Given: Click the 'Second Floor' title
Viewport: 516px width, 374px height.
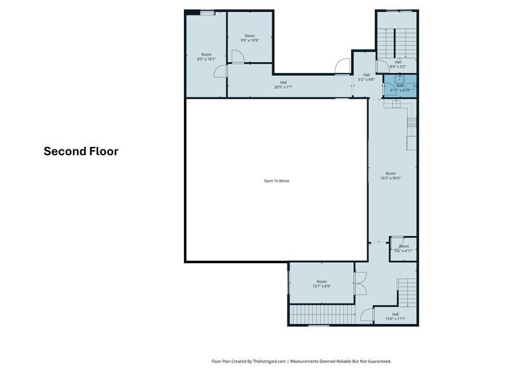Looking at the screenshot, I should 81,151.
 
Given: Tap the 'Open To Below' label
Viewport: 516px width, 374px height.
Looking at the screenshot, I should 277,181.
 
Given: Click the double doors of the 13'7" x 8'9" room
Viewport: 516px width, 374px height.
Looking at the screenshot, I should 361,282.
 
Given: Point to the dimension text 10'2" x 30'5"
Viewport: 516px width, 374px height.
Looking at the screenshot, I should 391,178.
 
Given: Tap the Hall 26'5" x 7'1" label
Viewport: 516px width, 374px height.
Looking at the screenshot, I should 283,85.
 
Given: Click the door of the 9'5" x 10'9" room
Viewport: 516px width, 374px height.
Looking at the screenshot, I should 236,57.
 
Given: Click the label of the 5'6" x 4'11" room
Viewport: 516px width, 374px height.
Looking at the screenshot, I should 403,248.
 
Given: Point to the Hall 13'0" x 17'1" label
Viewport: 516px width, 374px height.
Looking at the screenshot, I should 395,316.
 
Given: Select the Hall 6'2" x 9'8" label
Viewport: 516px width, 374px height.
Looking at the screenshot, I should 366,77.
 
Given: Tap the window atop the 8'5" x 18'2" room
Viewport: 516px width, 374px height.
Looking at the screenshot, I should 207,13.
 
